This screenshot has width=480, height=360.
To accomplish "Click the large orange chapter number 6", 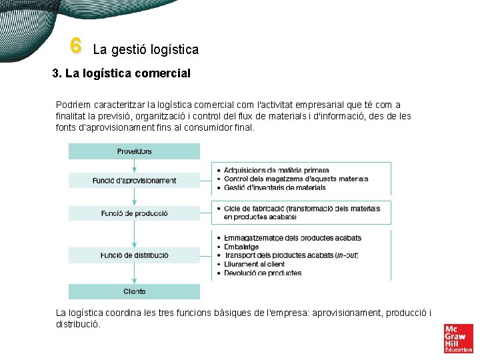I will (x=75, y=46).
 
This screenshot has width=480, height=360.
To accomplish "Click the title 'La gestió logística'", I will (x=145, y=49).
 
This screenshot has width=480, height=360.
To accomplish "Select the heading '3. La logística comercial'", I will (x=121, y=73).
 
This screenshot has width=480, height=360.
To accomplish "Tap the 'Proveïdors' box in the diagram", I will (x=134, y=151).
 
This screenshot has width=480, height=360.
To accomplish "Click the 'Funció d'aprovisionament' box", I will (x=134, y=180).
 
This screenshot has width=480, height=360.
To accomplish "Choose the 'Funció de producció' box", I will (x=134, y=213).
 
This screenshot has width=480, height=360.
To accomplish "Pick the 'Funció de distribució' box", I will (x=134, y=255).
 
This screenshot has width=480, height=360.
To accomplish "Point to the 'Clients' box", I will (x=134, y=291).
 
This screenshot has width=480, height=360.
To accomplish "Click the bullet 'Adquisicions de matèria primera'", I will (x=276, y=171).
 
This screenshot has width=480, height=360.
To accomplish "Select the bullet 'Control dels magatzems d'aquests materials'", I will (x=295, y=179).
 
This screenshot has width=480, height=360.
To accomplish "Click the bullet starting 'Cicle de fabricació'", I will (x=301, y=209).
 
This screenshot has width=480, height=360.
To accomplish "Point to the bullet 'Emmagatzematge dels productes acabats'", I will (x=292, y=238).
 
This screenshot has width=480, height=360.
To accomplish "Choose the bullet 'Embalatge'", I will (x=241, y=247).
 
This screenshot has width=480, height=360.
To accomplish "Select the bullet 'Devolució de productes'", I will (x=262, y=273).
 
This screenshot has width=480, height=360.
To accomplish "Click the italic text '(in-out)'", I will (x=347, y=255).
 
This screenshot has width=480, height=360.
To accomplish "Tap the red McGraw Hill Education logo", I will (x=458, y=338).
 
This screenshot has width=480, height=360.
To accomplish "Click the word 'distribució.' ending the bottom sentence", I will (x=78, y=324).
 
